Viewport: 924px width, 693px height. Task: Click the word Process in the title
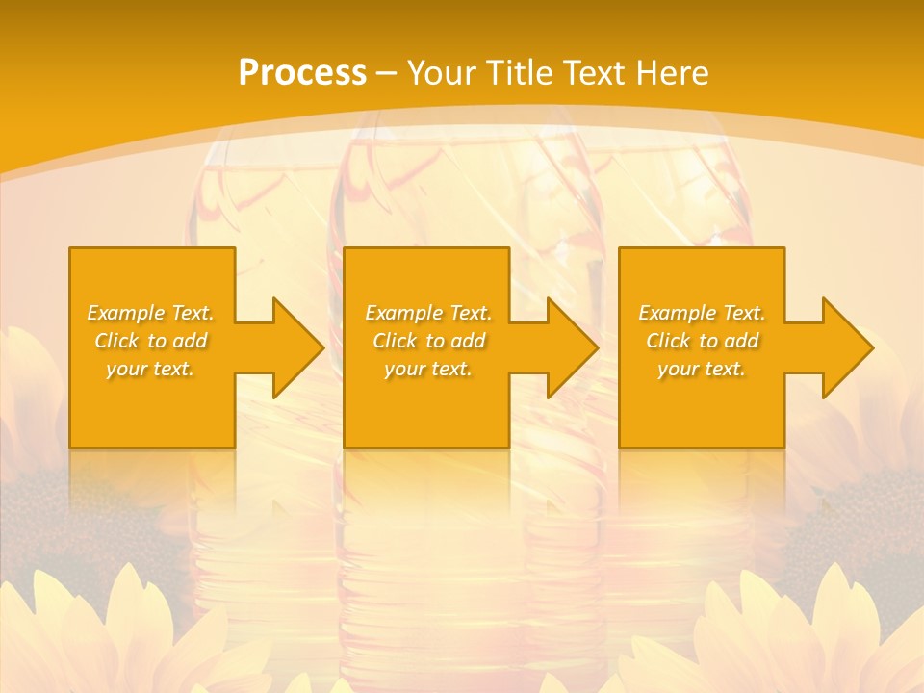pyautogui.click(x=302, y=73)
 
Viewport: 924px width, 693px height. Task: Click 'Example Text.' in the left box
pyautogui.click(x=150, y=313)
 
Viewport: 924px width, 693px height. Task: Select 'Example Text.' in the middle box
pyautogui.click(x=428, y=313)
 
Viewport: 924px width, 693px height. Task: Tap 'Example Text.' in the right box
pyautogui.click(x=702, y=313)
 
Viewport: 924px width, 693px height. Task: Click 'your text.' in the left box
pyautogui.click(x=150, y=369)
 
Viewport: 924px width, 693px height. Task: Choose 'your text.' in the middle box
pyautogui.click(x=428, y=369)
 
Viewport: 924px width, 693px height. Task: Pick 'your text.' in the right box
pyautogui.click(x=702, y=369)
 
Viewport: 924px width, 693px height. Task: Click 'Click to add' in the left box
pyautogui.click(x=150, y=341)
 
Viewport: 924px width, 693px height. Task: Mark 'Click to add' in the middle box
pyautogui.click(x=428, y=341)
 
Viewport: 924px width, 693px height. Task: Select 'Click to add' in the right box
pyautogui.click(x=702, y=341)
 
